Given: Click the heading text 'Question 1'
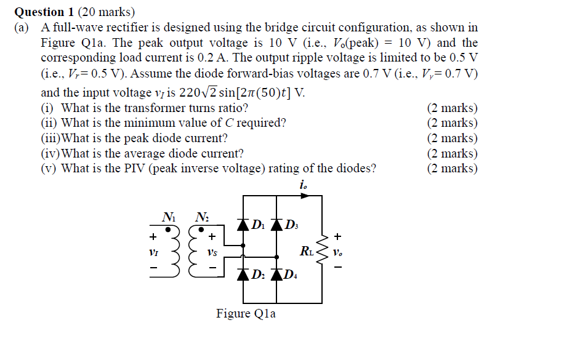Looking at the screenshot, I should pos(39,12).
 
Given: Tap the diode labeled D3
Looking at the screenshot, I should pos(276,225).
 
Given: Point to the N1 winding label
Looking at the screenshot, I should pos(168,216).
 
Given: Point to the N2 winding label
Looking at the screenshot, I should pos(201,216).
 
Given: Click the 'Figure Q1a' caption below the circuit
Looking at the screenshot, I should pos(246,314).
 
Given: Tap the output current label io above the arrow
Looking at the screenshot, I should pos(303,184).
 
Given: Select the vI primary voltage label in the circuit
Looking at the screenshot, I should pos(151,252).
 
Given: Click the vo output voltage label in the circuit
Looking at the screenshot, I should pos(338,252).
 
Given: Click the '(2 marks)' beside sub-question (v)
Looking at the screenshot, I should pos(452,169).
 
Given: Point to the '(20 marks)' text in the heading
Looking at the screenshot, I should pos(101,12).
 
